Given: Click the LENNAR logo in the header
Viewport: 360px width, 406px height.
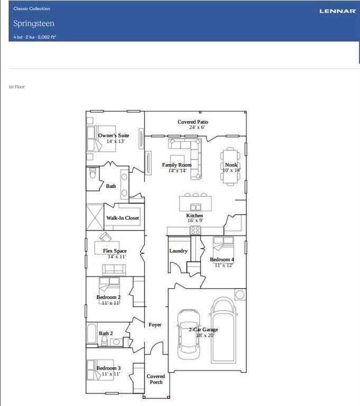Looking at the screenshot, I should point(337,11).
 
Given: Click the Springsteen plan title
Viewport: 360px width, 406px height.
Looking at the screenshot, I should point(34,24).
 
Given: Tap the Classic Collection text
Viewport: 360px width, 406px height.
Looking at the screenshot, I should point(32,8).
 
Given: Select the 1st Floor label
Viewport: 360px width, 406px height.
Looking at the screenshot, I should point(17,87).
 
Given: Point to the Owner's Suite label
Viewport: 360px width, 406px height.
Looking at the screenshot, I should point(114,136).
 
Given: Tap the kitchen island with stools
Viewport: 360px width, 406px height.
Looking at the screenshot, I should point(195,203).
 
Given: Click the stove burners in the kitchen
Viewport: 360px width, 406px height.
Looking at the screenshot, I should point(196,230).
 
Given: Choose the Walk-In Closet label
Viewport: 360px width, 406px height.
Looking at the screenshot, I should point(123,218).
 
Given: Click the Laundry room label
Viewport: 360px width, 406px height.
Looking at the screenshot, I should point(178,251).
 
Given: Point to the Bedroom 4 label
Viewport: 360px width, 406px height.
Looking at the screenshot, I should point(221,260).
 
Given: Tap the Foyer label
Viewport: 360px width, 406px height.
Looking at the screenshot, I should point(155,325).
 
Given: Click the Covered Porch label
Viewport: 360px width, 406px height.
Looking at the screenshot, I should point(156,379).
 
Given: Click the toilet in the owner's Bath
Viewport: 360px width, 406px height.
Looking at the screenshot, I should point(93,174).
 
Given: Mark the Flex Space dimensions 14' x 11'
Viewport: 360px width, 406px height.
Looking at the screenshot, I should point(115,256).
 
